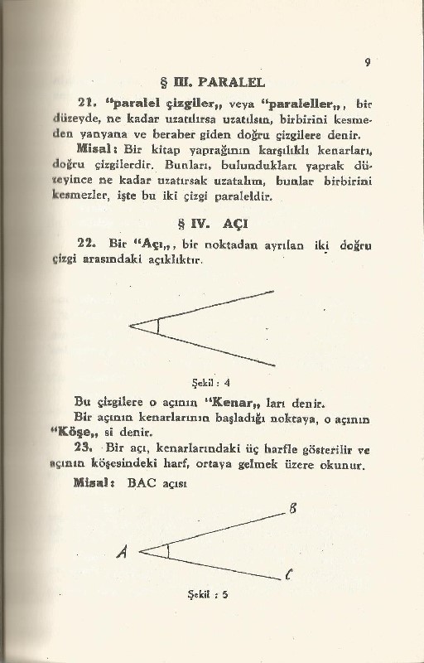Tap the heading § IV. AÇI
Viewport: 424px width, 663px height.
pos(212,224)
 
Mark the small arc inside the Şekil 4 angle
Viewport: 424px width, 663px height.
pos(157,325)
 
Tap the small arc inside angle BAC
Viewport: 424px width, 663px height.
pos(167,550)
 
